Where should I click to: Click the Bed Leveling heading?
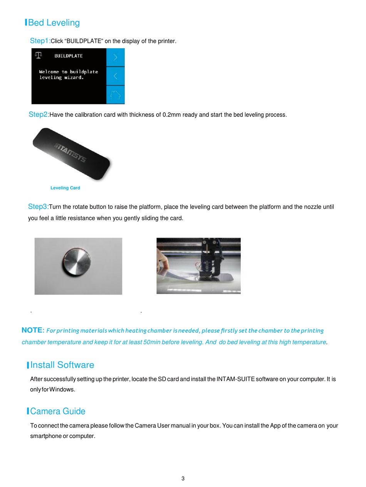coord(54,23)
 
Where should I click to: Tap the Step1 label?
coord(40,41)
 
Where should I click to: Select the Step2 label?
coord(39,115)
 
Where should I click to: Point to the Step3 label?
coord(38,207)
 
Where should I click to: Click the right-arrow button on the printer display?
coord(115,57)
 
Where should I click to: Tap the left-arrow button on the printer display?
coord(115,76)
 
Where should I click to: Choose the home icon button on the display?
coord(115,94)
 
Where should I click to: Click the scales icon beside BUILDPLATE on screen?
coord(38,55)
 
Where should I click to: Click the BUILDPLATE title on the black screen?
coord(68,56)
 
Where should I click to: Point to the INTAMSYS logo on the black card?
coord(70,153)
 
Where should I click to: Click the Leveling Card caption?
coord(65,188)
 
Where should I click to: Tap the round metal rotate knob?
coord(77,264)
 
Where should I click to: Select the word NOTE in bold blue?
coord(32,330)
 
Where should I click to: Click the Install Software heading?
coord(62,365)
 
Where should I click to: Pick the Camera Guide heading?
coord(57,411)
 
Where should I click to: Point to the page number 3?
coord(183,479)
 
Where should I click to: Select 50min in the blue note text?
coord(151,342)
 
